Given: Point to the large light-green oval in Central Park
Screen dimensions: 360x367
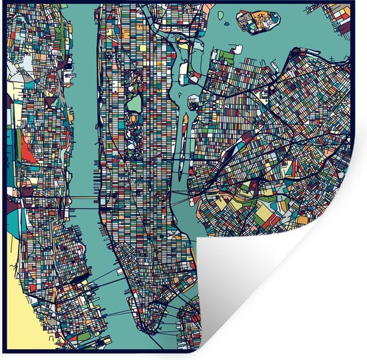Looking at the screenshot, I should tap(134, 102).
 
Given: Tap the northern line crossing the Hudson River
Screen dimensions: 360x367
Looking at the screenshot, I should tap(83, 198).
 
